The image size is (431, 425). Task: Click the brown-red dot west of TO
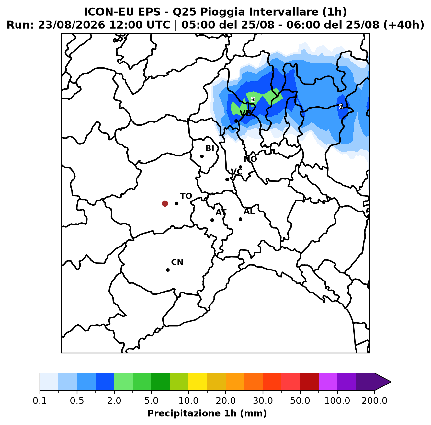pyautogui.click(x=165, y=203)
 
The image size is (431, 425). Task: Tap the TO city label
pyautogui.click(x=186, y=196)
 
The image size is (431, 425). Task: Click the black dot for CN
pyautogui.click(x=168, y=270)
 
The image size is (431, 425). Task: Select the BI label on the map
pyautogui.click(x=210, y=148)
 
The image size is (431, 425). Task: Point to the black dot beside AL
pyautogui.click(x=240, y=219)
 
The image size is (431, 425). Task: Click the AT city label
pyautogui.click(x=221, y=212)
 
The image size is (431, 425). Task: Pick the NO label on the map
pyautogui.click(x=250, y=159)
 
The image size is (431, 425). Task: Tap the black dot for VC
pyautogui.click(x=227, y=179)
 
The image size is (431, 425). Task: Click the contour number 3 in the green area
pyautogui.click(x=253, y=99)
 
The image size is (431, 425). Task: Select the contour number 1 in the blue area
pyautogui.click(x=341, y=107)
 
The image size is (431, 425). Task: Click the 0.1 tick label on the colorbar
pyautogui.click(x=40, y=401)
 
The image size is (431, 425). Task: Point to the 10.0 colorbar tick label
pyautogui.click(x=188, y=401)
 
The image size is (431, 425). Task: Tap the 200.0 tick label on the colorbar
pyautogui.click(x=374, y=401)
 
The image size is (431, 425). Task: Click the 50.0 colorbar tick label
pyautogui.click(x=300, y=401)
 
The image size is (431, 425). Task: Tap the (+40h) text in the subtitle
pyautogui.click(x=404, y=25)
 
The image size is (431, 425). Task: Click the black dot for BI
pyautogui.click(x=202, y=156)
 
